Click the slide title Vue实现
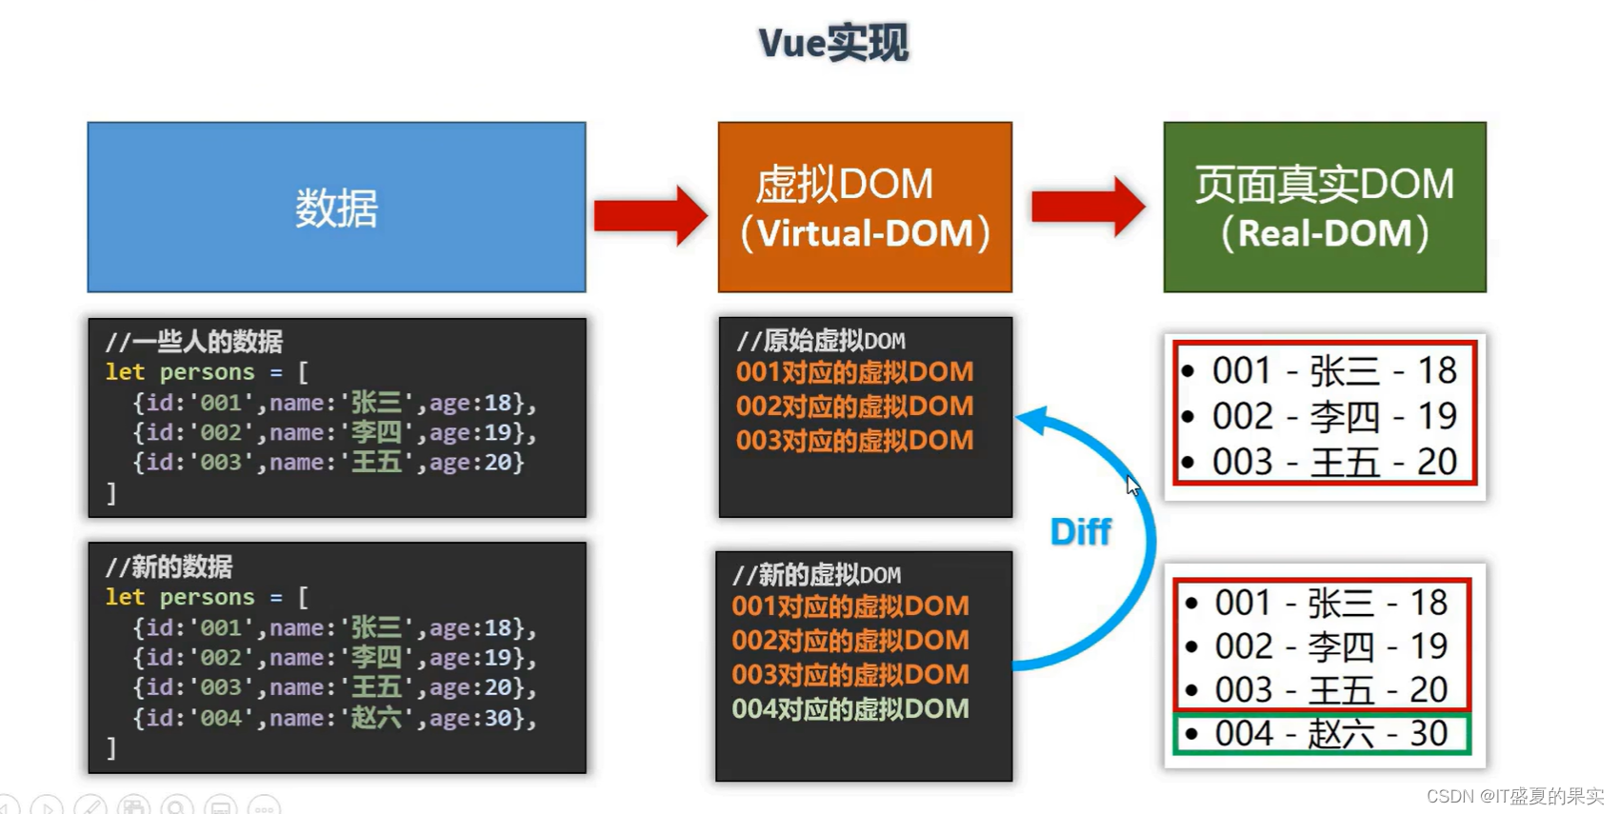tap(833, 43)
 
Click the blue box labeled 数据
tap(336, 207)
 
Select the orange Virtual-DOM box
tap(865, 207)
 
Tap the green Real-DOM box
tap(1324, 207)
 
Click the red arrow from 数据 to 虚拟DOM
tap(650, 215)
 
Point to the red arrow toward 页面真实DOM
tap(1088, 206)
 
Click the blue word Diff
tap(1080, 531)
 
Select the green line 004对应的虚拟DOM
tap(849, 709)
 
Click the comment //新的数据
tap(169, 567)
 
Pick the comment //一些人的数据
tap(193, 342)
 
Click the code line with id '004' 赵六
tap(333, 718)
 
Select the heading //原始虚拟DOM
tap(820, 341)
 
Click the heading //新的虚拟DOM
tap(816, 575)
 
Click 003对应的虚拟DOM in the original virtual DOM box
tap(854, 441)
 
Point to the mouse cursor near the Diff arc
tap(1131, 485)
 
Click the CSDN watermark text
tap(1514, 796)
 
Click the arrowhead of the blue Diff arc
tap(1032, 419)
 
